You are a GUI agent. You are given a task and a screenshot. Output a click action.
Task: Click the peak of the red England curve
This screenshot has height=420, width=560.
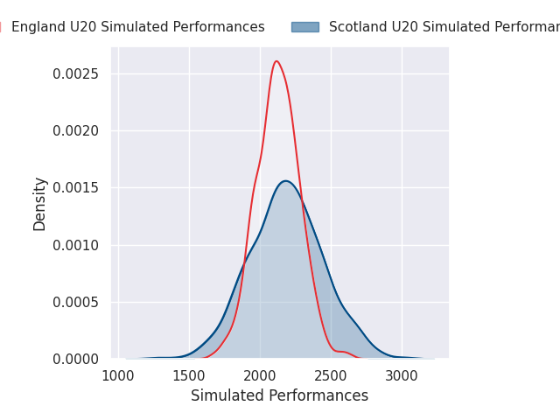click(x=276, y=61)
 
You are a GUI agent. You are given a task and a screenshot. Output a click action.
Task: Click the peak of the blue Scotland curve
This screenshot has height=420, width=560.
click(x=285, y=181)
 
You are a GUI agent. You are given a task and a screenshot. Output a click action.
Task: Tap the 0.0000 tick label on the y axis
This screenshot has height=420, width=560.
click(x=76, y=359)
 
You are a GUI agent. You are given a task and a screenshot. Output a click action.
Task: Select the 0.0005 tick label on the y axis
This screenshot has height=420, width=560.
click(x=76, y=302)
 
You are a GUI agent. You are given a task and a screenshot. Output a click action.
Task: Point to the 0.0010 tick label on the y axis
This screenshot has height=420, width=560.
click(x=76, y=245)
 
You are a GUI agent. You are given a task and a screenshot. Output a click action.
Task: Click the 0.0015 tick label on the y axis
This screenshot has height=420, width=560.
click(x=76, y=188)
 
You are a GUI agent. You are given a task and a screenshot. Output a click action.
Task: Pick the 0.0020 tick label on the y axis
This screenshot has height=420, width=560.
click(x=76, y=130)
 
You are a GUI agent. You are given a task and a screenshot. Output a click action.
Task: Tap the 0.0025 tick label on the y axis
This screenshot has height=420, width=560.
click(x=76, y=73)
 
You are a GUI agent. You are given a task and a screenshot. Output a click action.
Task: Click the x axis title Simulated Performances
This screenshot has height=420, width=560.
click(x=279, y=395)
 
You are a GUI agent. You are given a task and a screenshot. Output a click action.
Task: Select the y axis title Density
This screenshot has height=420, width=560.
click(x=40, y=203)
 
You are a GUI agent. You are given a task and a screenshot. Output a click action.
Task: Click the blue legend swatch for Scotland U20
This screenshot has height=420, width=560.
click(x=305, y=27)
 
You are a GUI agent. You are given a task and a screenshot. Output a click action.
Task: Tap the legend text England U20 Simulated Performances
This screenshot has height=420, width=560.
click(x=138, y=27)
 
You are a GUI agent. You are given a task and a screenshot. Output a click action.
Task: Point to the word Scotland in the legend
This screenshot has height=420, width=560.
click(x=356, y=27)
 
